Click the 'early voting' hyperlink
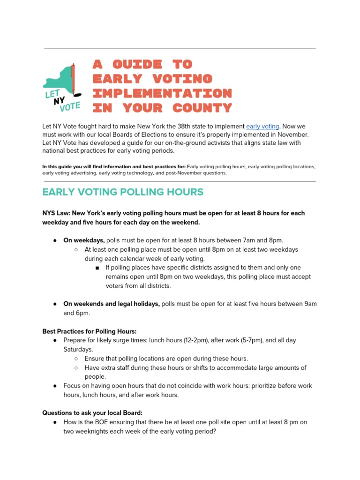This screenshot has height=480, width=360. tap(262, 127)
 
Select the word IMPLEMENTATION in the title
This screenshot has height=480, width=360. tap(162, 93)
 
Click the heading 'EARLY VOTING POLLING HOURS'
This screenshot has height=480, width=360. tap(123, 192)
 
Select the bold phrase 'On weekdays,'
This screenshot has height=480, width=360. tap(84, 240)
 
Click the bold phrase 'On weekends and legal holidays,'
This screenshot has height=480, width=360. tap(112, 304)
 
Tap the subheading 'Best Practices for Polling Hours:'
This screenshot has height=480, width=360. tap(89, 331)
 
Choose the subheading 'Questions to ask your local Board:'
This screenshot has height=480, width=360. tap(92, 413)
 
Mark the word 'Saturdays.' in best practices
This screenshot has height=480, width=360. tap(78, 349)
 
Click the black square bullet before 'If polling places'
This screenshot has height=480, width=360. tap(97, 268)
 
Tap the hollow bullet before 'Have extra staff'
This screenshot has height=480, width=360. tap(76, 368)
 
